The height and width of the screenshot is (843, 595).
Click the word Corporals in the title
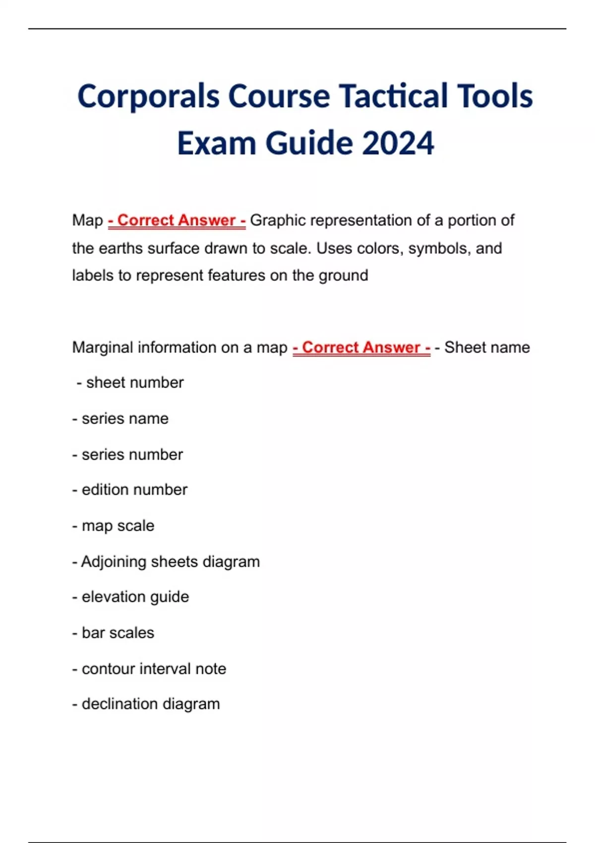[x=148, y=96]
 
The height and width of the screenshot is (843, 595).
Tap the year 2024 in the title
[x=398, y=143]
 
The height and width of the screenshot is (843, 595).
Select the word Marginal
[x=102, y=347]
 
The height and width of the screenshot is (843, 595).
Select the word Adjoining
[x=114, y=562]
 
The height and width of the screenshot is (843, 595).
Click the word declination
[x=118, y=704]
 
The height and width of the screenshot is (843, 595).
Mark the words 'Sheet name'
[x=487, y=347]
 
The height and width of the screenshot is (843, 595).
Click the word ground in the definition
[x=345, y=275]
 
